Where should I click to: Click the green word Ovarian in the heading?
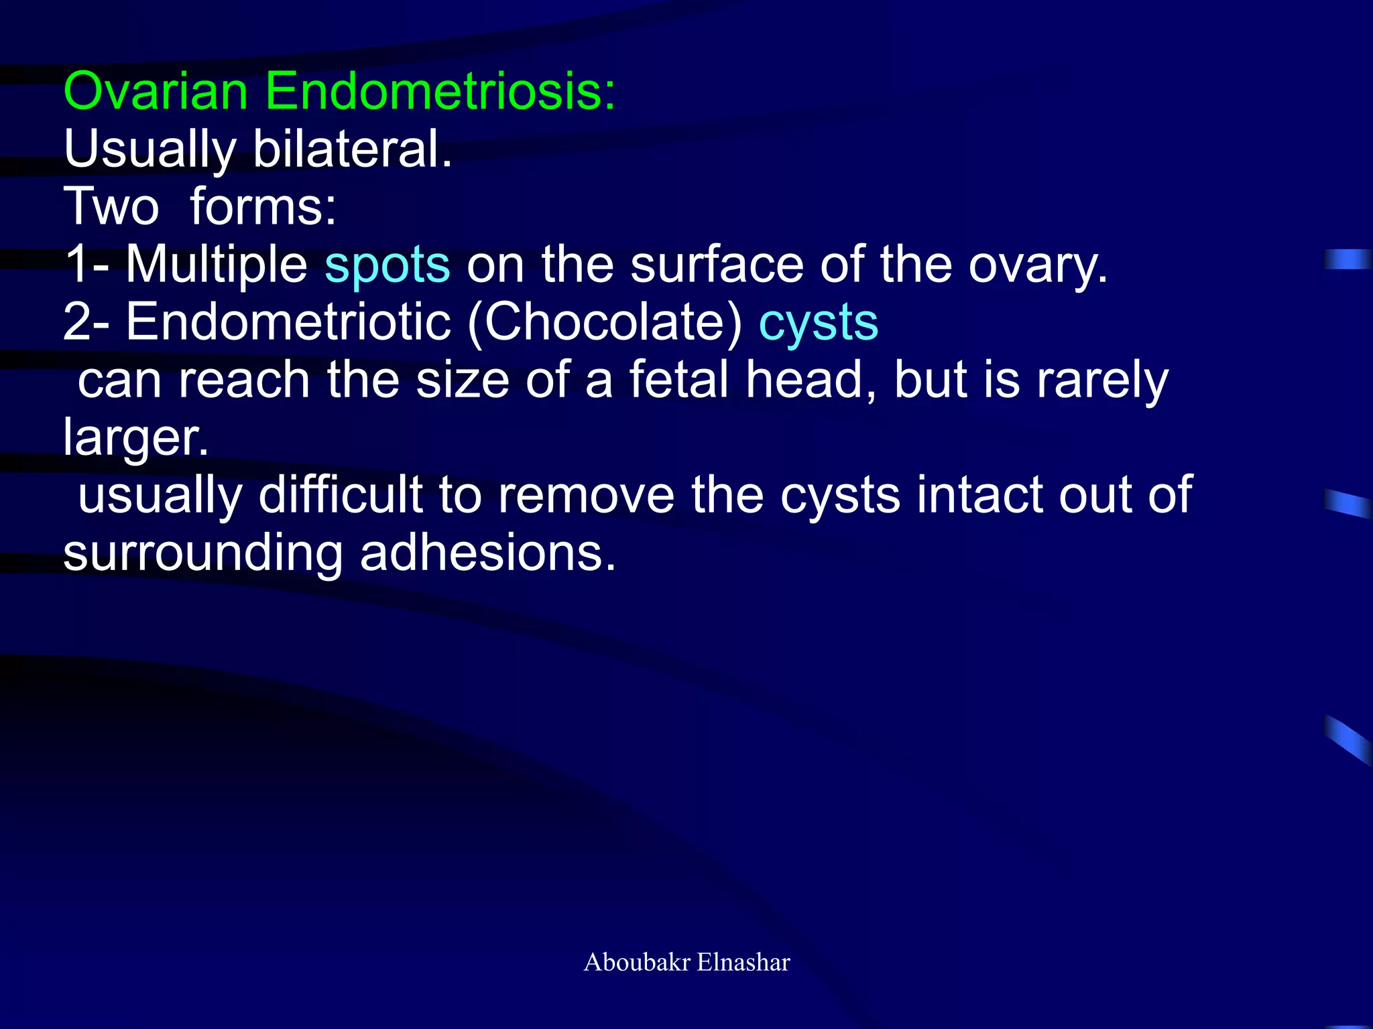pyautogui.click(x=156, y=92)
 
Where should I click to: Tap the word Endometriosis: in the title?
pyautogui.click(x=440, y=92)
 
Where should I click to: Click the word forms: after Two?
pyautogui.click(x=263, y=207)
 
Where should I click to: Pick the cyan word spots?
pyautogui.click(x=387, y=265)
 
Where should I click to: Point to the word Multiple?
pyautogui.click(x=217, y=265)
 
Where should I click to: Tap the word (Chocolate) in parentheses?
pyautogui.click(x=605, y=323)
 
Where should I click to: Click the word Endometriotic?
pyautogui.click(x=288, y=323)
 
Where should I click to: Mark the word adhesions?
pyautogui.click(x=487, y=554)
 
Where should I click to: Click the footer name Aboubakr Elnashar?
pyautogui.click(x=686, y=962)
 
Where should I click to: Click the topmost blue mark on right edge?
pyautogui.click(x=1348, y=259)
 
